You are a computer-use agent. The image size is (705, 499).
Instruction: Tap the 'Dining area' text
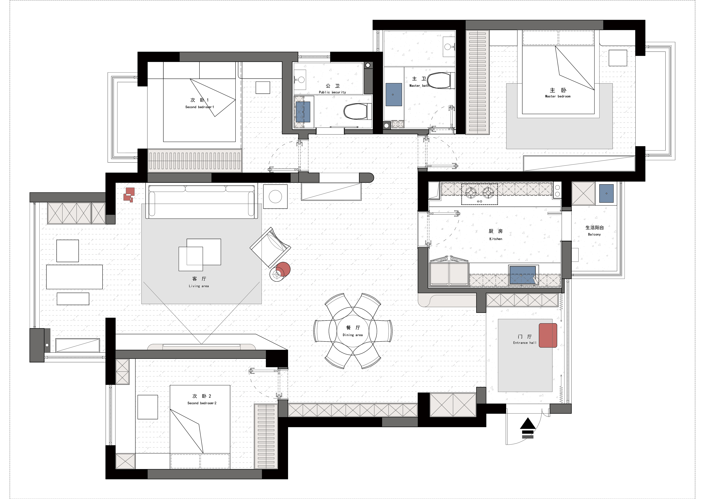[x=352, y=335]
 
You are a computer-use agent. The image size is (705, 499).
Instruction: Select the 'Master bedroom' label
[x=558, y=96]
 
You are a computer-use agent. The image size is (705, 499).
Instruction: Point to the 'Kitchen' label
[x=496, y=239]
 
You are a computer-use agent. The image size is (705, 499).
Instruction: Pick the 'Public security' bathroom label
[x=332, y=92]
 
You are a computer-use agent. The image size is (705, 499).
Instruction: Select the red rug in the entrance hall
[x=548, y=335]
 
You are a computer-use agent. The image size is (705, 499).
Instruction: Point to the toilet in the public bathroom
[x=357, y=111]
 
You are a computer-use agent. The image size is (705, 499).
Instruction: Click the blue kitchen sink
[x=522, y=275]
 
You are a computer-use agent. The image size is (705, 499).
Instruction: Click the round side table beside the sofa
[x=275, y=197]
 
